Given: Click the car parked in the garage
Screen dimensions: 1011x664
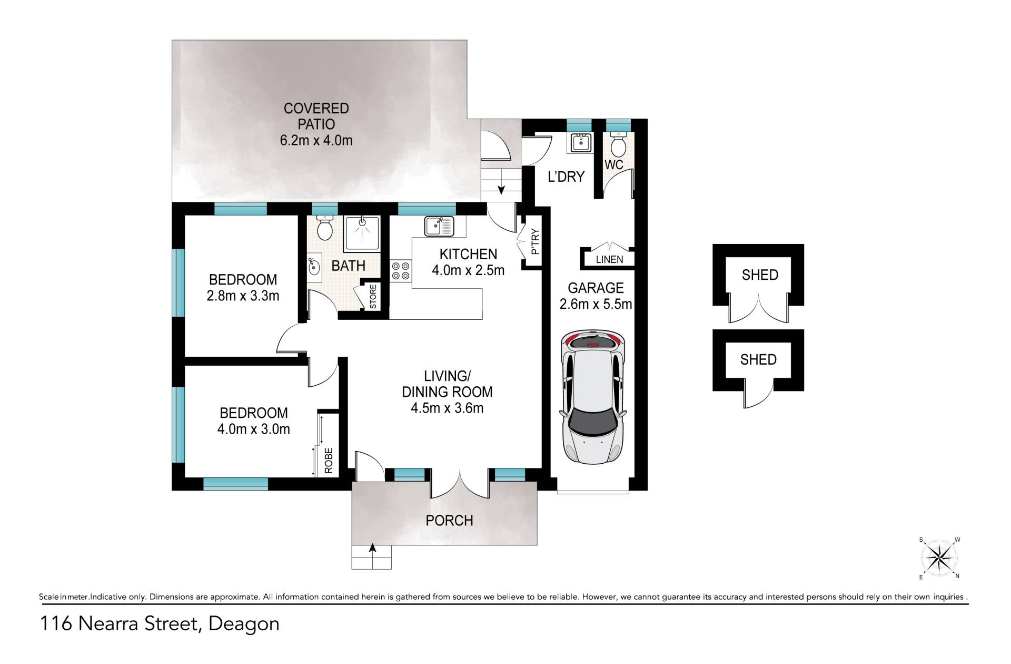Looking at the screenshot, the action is [x=593, y=396].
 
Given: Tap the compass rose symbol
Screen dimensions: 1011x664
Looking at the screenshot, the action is [x=939, y=558].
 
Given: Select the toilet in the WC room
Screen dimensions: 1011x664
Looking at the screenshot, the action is [x=618, y=143].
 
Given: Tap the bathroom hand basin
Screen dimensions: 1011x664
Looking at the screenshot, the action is [x=314, y=267].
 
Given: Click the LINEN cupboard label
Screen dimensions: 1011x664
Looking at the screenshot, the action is [x=609, y=259].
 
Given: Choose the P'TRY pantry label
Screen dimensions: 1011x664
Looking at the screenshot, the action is [x=534, y=242].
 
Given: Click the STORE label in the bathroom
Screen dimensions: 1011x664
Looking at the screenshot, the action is [x=373, y=297].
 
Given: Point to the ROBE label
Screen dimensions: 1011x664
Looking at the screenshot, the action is [x=329, y=461].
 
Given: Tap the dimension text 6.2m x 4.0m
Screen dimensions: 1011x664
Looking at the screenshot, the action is [x=316, y=140].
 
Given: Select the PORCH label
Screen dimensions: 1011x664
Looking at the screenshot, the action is [x=449, y=521].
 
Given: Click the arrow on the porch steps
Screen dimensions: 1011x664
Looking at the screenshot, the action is [x=372, y=554].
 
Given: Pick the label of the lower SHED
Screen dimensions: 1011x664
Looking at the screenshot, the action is [x=758, y=359].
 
